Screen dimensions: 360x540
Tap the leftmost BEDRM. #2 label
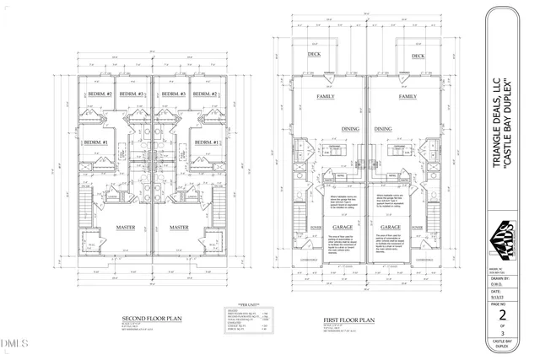[100, 94]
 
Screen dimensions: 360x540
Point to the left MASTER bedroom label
[129, 227]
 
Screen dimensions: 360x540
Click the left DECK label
[315, 56]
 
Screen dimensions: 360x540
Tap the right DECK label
[418, 56]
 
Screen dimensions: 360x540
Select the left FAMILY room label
[326, 97]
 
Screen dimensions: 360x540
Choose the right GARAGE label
[390, 227]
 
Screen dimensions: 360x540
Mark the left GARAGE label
[342, 227]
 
